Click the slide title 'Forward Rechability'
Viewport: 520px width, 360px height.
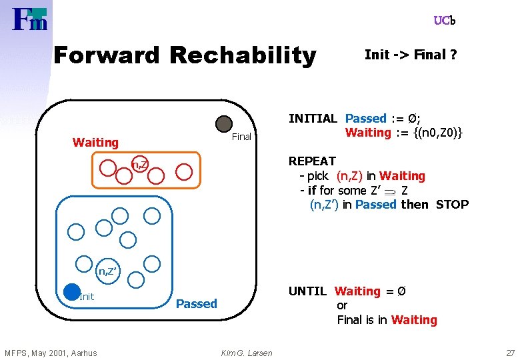tap(185, 55)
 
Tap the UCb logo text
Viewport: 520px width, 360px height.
tap(444, 21)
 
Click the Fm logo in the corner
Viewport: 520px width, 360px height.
tap(30, 19)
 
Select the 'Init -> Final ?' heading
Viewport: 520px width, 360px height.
tap(411, 55)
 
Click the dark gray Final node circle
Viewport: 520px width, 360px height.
tap(224, 123)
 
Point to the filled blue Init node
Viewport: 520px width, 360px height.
tap(71, 291)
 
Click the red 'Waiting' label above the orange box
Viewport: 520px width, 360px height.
tap(95, 142)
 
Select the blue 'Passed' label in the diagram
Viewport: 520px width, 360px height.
tap(196, 304)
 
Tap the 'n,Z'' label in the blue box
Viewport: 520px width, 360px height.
tap(109, 271)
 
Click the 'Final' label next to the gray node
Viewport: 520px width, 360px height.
tap(241, 137)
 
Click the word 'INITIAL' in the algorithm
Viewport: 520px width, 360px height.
tap(313, 119)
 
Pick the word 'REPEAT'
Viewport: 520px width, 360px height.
tap(312, 161)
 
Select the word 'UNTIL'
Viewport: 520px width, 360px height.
tap(307, 291)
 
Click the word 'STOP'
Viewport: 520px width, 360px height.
tap(452, 205)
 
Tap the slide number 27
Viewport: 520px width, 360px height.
tap(510, 353)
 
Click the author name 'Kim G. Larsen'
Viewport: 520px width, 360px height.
tap(247, 353)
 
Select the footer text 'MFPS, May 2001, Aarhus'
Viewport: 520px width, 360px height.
tap(51, 353)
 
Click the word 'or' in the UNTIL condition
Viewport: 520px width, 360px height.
tap(342, 305)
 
